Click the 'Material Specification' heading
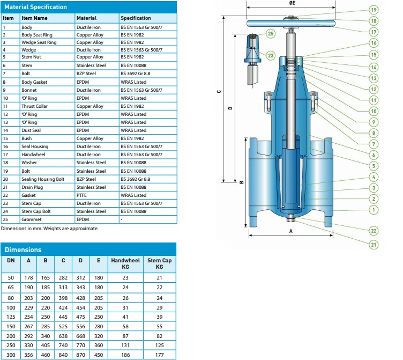(36, 7)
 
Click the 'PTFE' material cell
(82, 195)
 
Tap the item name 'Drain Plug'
(33, 187)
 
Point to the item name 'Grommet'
(31, 219)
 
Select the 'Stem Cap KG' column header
(159, 263)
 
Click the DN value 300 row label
(11, 355)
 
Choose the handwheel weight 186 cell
(125, 355)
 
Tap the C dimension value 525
(63, 311)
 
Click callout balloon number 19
(374, 10)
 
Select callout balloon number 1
(374, 210)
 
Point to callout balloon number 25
(271, 33)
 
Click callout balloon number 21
(374, 244)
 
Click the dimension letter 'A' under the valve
(290, 230)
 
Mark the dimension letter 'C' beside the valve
(219, 92)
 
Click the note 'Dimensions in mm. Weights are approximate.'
(50, 228)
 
